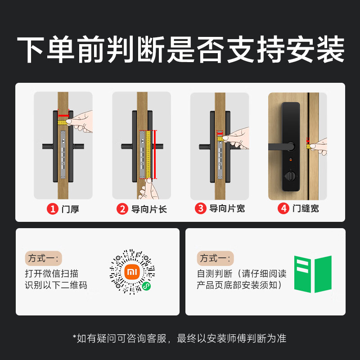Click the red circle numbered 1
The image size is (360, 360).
[x=54, y=209]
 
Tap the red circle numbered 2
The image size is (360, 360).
[x=122, y=209]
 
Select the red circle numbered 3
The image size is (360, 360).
[x=200, y=209]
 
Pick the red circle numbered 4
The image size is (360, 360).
[x=283, y=209]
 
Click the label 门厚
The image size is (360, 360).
[x=70, y=209]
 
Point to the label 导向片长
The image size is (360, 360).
[x=148, y=209]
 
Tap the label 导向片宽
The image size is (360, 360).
[x=227, y=209]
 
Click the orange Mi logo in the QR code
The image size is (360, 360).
[x=132, y=272]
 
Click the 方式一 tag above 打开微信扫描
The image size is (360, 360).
[x=43, y=258]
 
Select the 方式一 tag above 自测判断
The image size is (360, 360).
[x=215, y=258]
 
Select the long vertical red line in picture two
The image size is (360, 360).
[x=155, y=154]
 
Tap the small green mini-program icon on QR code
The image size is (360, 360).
[x=146, y=286]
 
